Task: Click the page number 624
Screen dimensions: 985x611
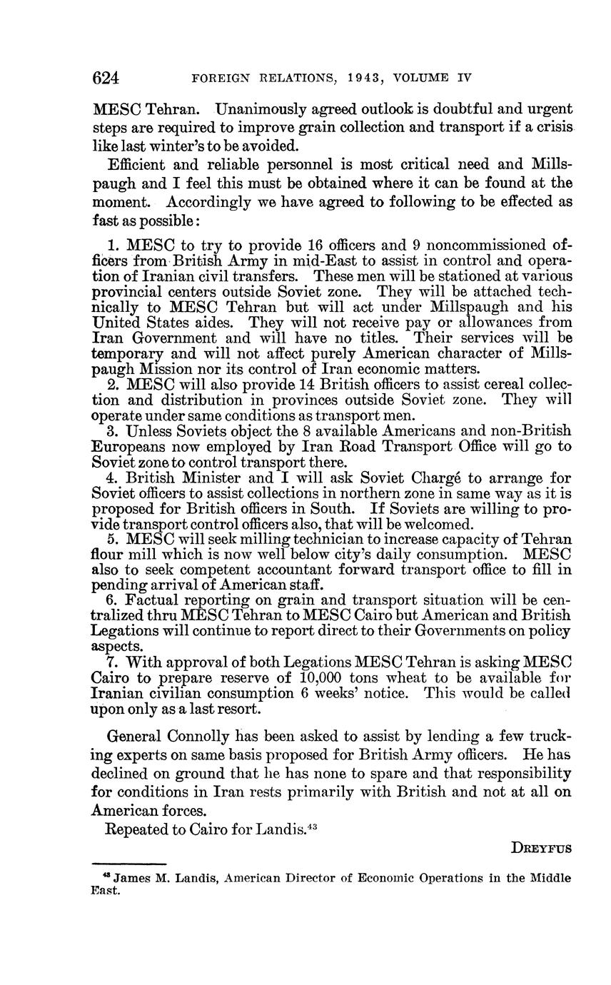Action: (106, 78)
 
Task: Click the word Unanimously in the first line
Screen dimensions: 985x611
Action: (266, 110)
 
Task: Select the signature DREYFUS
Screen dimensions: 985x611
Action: (541, 849)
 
